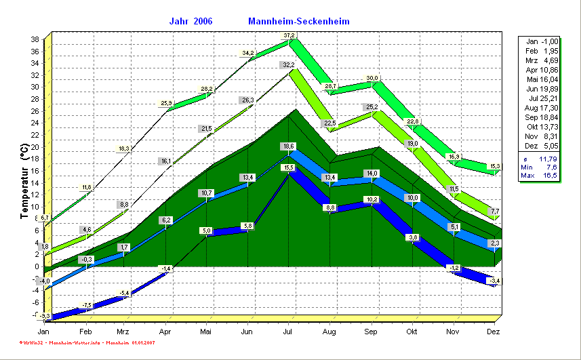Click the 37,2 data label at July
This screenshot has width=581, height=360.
coord(289,35)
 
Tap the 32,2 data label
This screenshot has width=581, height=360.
coord(288,65)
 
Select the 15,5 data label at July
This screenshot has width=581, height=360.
coord(289,167)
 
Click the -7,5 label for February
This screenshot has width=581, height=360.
coord(86,306)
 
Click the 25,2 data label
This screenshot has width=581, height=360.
coord(372,107)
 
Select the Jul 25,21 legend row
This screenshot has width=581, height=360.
coord(542,98)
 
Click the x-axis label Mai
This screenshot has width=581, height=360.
coord(206,332)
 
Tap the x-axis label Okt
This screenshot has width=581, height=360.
coord(412,332)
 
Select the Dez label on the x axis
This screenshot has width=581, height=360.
coord(494,332)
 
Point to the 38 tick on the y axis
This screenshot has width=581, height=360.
coord(34,39)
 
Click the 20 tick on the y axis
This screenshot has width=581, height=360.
coord(34,147)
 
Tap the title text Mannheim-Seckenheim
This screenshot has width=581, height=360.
coord(299,21)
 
